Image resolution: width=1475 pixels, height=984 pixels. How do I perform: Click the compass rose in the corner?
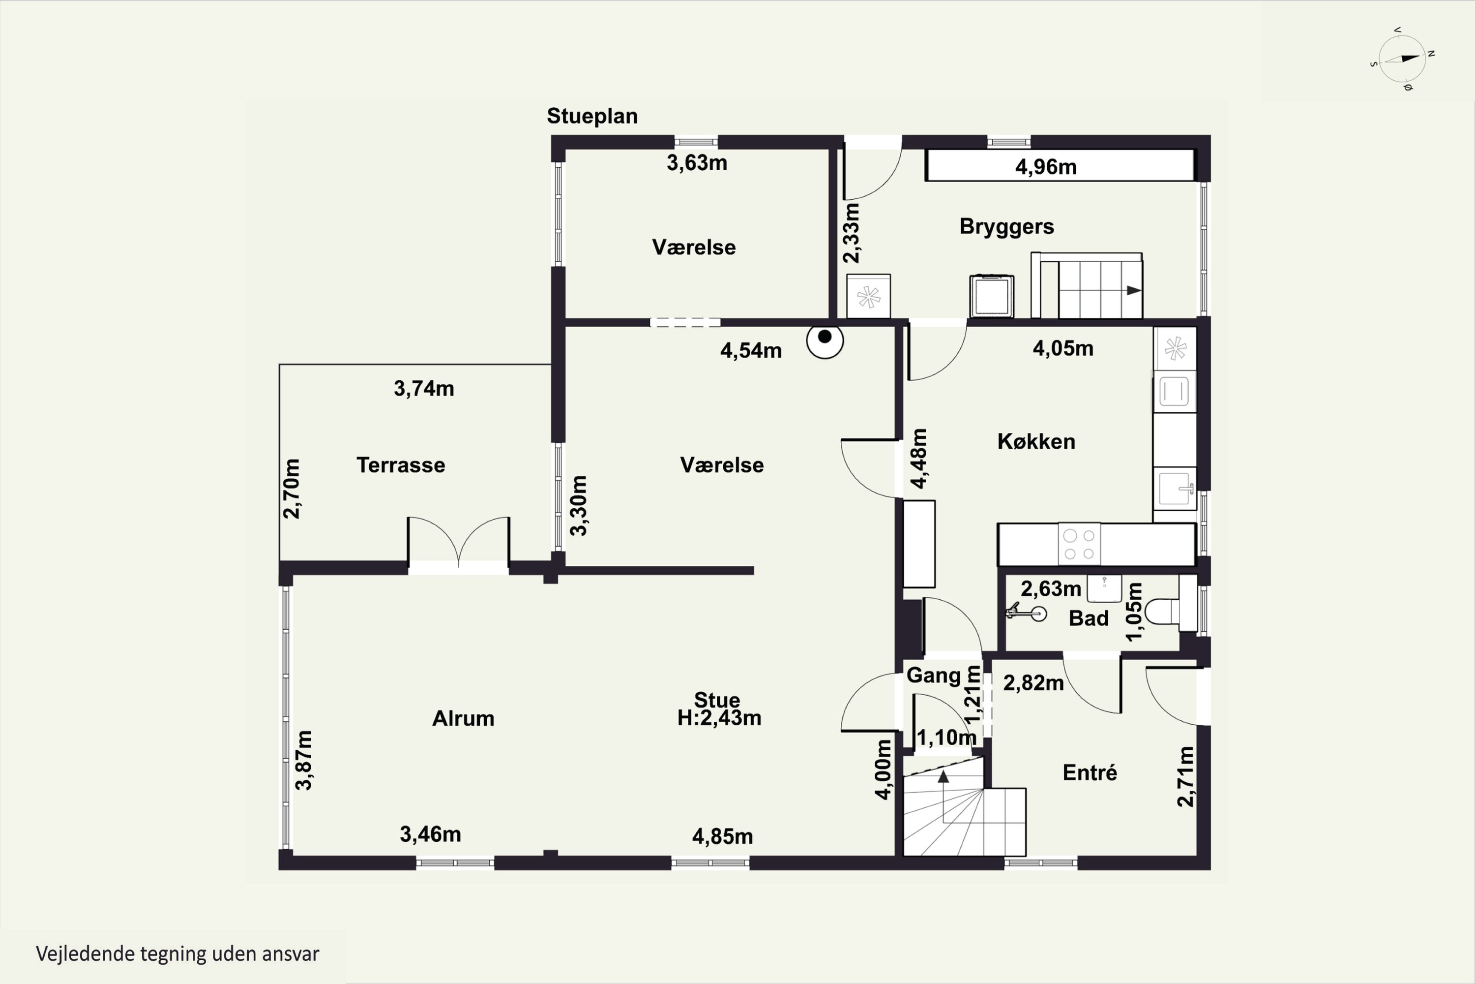[1403, 59]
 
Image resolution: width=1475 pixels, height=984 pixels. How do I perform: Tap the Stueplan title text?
[592, 116]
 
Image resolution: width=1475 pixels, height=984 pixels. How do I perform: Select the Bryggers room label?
[1006, 226]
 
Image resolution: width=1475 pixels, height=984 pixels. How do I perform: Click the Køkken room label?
[1036, 441]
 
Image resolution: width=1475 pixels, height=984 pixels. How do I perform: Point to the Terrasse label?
[401, 465]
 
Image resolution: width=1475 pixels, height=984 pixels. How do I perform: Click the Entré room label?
[1090, 772]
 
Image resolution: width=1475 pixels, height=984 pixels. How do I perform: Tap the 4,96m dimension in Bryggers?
[1045, 167]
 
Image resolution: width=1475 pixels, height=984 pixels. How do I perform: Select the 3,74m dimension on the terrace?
[424, 389]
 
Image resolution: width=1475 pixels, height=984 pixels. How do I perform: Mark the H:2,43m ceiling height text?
[719, 717]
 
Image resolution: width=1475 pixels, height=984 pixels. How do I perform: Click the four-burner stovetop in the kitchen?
[1079, 544]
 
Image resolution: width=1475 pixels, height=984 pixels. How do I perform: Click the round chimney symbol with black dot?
[825, 339]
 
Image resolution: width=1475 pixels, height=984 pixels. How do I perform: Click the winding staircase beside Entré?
[964, 806]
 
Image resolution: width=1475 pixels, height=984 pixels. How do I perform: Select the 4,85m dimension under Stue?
[722, 836]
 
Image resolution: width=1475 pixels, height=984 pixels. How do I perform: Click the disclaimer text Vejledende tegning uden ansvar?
[177, 954]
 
